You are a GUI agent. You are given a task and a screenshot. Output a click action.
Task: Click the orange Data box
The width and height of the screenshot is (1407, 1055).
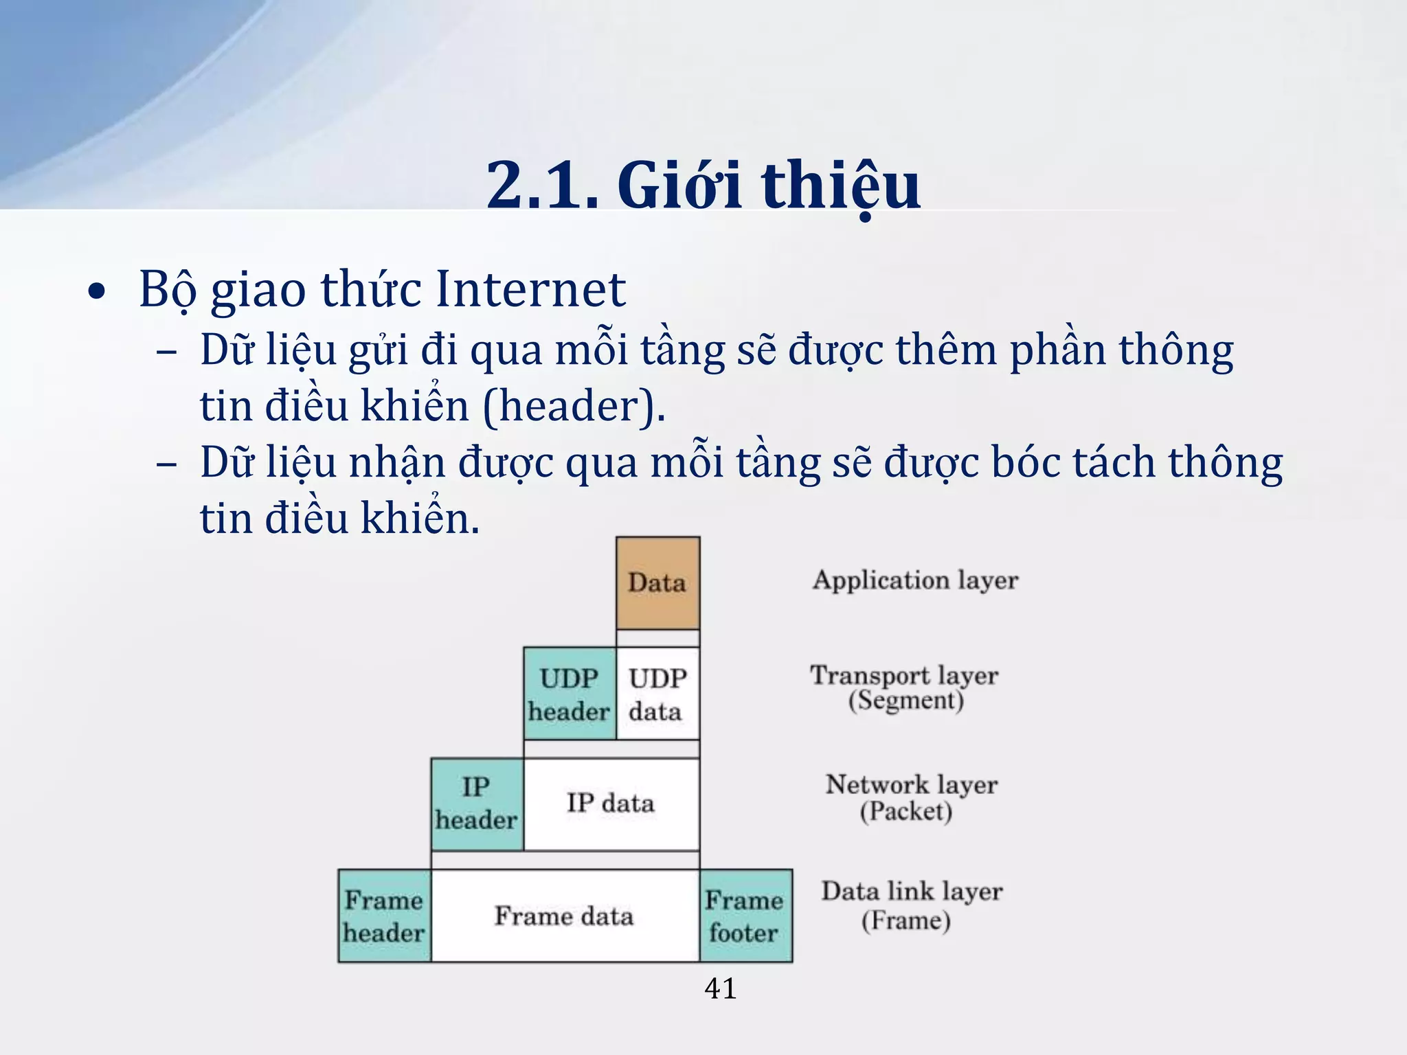657,582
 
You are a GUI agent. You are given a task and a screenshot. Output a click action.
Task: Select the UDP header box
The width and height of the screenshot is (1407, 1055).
569,694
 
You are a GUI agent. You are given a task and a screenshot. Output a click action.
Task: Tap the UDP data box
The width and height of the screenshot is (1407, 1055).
657,694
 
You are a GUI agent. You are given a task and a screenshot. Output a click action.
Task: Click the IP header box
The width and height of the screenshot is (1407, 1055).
476,804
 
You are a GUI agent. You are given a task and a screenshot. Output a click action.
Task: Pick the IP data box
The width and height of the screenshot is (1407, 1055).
611,804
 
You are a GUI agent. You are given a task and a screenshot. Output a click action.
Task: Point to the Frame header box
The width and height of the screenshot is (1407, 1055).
384,916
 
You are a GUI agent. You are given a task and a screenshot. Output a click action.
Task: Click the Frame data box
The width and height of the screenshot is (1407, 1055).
564,916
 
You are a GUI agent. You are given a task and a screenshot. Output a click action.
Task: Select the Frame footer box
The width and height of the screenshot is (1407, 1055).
745,916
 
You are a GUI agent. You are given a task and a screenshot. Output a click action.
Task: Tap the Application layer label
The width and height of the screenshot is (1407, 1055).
915,580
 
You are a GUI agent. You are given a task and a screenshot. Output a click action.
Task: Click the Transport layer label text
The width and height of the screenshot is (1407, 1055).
904,675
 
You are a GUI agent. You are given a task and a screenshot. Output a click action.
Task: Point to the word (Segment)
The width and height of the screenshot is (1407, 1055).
905,701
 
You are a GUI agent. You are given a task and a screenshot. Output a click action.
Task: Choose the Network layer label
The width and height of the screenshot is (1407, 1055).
912,784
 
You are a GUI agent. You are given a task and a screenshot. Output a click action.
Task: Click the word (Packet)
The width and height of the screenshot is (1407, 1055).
905,811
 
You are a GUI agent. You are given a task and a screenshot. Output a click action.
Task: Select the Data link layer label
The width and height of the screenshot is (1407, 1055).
912,892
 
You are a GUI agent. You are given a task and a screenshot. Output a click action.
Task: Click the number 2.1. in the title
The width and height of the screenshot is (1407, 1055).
542,185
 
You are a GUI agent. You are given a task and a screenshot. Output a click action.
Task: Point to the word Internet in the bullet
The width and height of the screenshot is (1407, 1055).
530,289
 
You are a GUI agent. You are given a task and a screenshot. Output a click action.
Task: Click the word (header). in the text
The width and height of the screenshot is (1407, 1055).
574,406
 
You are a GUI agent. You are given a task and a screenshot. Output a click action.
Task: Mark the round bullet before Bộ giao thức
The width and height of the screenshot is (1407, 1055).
98,292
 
